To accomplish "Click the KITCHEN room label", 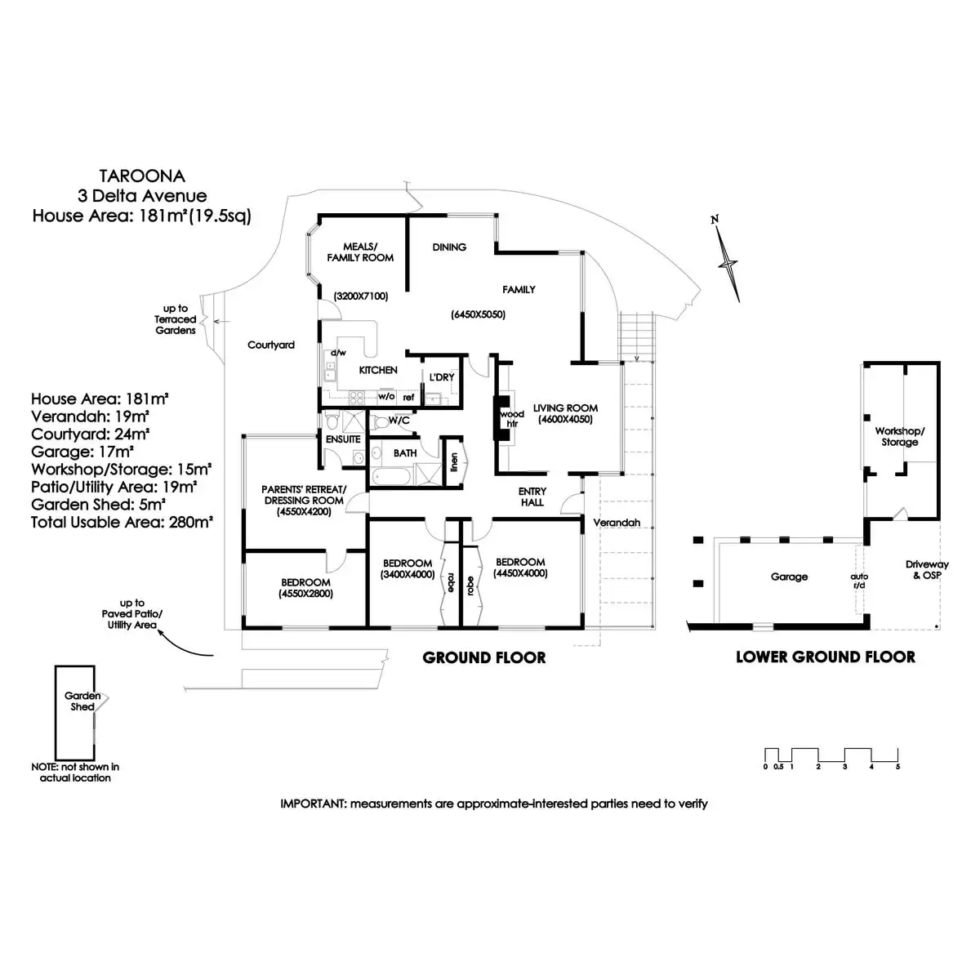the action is (378, 370).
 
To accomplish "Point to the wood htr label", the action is (512, 419).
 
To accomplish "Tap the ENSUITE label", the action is (343, 439).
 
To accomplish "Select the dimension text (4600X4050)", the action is (565, 420).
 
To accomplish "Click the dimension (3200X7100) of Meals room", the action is (360, 296).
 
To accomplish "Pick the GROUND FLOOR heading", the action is (484, 657).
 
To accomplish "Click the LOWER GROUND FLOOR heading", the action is (825, 657).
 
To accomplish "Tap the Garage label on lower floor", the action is (789, 577).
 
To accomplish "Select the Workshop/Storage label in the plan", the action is (899, 436).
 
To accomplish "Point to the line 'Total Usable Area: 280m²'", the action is (122, 522).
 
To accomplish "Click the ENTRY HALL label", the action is (532, 497).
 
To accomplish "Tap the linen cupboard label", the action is (454, 462).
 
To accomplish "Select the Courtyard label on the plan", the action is (271, 345).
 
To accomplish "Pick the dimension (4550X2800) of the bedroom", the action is (305, 594).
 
